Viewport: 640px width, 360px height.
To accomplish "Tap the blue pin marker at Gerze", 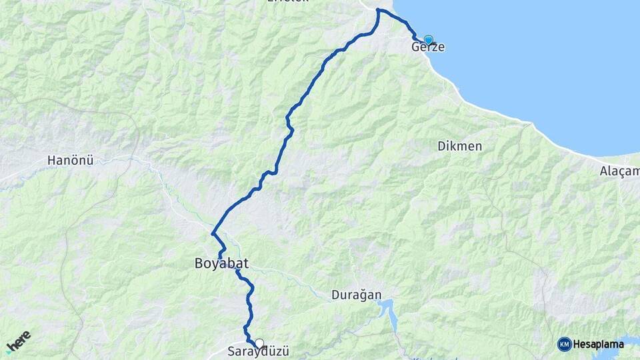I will coord(428,40).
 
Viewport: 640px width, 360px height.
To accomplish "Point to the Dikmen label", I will coord(460,146).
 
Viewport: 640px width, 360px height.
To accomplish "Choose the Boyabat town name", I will coord(221,264).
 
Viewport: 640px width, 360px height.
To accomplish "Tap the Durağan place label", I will coord(356,295).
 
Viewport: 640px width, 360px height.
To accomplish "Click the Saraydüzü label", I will coord(259,352).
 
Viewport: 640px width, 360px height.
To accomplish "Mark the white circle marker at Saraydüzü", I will coord(259,343).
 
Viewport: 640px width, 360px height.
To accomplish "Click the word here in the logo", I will coord(19,341).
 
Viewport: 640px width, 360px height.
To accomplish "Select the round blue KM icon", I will coord(565,344).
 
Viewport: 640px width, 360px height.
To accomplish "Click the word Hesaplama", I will coord(598,344).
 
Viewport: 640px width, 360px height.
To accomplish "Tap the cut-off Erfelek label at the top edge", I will coord(288,3).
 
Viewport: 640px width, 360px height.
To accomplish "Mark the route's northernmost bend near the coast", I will coord(379,10).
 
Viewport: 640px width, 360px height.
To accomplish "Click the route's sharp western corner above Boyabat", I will coord(213,234).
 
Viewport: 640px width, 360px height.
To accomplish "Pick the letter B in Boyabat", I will coord(199,264).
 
